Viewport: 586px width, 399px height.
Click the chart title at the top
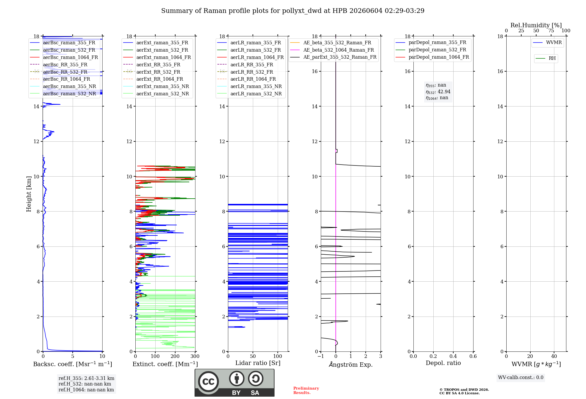[x=293, y=11]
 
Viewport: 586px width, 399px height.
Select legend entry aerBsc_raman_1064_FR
[x=70, y=57]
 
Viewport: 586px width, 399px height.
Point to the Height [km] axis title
[x=29, y=194]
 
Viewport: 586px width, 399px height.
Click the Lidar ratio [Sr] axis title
[x=258, y=363]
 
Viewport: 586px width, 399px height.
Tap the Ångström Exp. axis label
[x=351, y=364]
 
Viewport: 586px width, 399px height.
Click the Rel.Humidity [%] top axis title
[x=536, y=25]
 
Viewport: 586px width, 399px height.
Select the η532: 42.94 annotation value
[x=438, y=92]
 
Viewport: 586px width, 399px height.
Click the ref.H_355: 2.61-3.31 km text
[x=86, y=378]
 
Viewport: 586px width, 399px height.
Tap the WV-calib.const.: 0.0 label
[x=521, y=377]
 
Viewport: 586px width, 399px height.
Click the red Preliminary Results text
[x=306, y=390]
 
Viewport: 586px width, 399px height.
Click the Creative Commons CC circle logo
[x=208, y=382]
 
